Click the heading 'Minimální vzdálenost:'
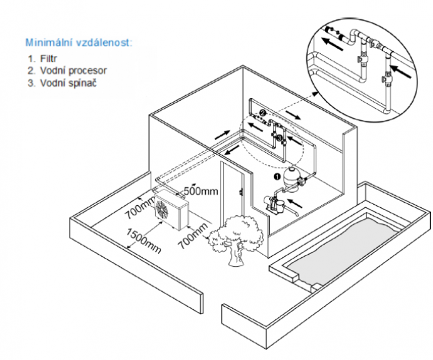pos(79,42)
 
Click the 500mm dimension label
pos(202,191)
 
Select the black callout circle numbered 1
pos(277,177)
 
